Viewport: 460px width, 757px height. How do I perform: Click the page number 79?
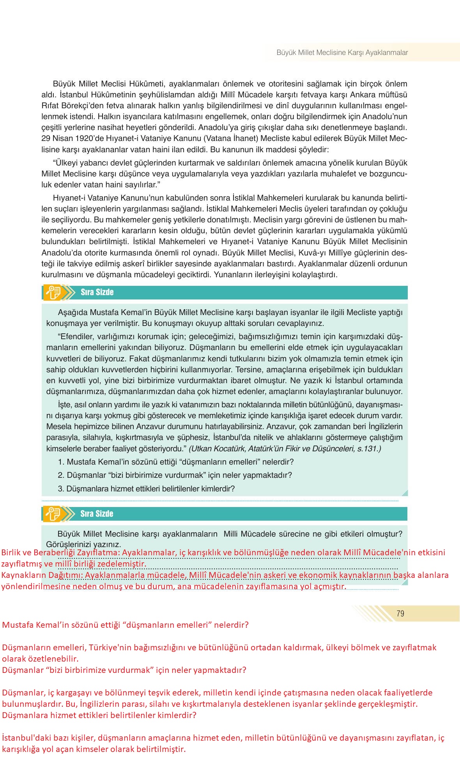click(400, 614)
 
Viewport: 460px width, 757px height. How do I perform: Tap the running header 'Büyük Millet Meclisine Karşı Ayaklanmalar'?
click(342, 53)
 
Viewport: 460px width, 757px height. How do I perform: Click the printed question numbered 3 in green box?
click(146, 489)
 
